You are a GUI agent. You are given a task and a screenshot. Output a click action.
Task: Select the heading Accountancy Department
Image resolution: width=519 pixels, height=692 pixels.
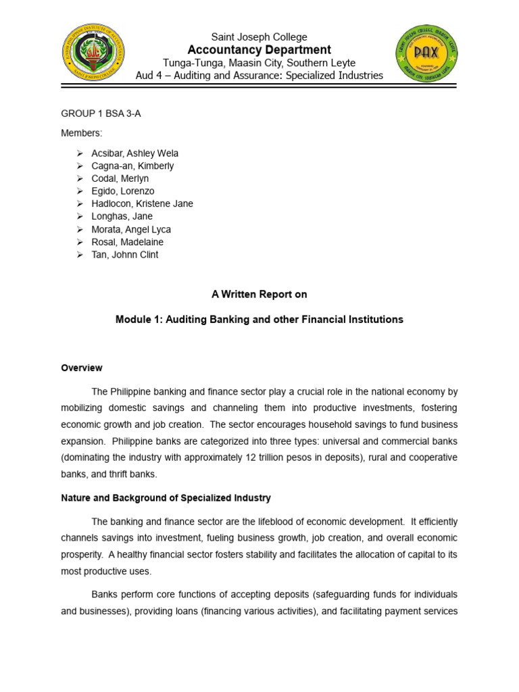(x=259, y=50)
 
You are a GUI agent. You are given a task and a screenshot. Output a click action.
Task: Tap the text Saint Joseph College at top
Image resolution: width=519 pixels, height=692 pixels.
(x=259, y=37)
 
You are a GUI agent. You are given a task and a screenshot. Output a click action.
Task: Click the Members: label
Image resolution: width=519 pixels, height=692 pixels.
(x=82, y=134)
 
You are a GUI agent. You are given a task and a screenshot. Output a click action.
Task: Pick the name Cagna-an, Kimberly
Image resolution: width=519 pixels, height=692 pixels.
(x=132, y=166)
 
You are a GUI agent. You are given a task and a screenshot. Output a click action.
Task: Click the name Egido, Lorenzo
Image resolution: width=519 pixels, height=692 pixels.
(x=123, y=191)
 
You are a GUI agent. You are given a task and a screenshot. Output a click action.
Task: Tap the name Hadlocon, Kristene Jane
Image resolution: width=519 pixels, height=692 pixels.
(x=142, y=203)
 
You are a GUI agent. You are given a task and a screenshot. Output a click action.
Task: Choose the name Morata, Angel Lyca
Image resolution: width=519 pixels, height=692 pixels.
(x=131, y=229)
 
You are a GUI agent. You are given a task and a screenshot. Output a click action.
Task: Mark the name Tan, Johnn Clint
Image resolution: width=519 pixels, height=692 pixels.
(x=125, y=255)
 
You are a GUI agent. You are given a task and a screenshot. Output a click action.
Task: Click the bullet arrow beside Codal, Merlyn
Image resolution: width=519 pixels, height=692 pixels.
(x=79, y=178)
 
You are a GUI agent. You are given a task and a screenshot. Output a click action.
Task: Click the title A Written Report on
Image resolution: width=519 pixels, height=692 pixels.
(x=259, y=294)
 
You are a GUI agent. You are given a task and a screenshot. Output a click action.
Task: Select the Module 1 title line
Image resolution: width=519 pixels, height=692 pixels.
(x=259, y=320)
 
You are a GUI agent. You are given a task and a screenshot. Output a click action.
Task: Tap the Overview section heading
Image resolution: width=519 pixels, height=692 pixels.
(x=82, y=368)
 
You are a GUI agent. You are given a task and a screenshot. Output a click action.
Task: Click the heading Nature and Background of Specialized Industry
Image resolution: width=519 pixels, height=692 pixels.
(x=166, y=498)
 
